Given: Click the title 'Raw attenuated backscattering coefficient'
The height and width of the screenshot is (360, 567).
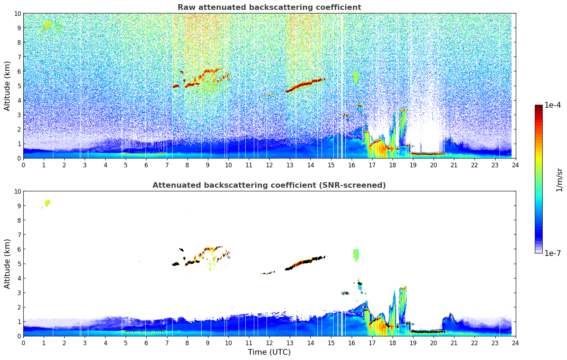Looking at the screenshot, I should tap(269, 7).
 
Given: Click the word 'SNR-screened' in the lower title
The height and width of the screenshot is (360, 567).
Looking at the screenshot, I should tap(358, 185).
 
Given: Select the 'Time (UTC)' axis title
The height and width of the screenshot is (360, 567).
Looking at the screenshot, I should tap(269, 352).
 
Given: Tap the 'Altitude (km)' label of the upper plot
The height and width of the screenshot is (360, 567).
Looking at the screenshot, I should tap(7, 86).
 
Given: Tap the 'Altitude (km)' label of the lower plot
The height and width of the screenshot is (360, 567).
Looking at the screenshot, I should tap(7, 264).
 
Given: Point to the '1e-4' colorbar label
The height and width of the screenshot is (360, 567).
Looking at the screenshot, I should tap(553, 105).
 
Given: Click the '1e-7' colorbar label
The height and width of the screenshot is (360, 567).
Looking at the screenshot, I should tap(553, 253).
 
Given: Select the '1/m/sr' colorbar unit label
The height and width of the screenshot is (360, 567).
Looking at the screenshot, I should tap(559, 179).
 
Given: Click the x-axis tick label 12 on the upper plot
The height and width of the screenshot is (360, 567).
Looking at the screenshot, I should tap(269, 165).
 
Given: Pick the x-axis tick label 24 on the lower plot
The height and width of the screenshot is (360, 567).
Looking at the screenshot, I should tap(515, 343).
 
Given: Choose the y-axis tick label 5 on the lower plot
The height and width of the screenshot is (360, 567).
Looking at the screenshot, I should tap(19, 264).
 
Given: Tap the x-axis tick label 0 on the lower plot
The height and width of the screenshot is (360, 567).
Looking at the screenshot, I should tap(24, 343).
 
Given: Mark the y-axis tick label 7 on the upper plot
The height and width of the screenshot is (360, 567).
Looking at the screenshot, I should tap(19, 57).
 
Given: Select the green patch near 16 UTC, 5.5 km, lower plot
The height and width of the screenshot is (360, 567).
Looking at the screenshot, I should tap(356, 254).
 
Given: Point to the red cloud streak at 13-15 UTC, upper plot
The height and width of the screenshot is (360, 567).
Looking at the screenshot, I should tap(305, 83).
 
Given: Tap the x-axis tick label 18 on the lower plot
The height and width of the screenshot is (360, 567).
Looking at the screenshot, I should tap(393, 343).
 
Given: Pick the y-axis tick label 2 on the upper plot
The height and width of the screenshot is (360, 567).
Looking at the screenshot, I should tap(19, 129).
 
